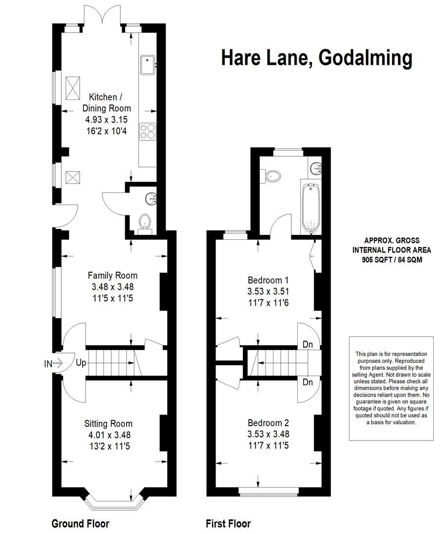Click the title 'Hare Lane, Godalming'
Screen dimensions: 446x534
pos(316,58)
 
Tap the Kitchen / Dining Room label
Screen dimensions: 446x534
pos(107,102)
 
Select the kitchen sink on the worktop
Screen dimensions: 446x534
pos(147,65)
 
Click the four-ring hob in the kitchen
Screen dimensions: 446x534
pos(147,131)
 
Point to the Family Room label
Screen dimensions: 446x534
pos(112,275)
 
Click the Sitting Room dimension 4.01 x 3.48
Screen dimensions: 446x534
pos(109,435)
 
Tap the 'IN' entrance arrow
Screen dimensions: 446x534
pos(54,364)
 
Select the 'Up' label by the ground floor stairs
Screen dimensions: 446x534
pos(81,363)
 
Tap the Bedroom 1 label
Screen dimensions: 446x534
pos(268,280)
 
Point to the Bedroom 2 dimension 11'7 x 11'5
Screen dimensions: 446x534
pos(268,445)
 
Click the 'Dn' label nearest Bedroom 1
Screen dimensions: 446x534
pos(308,344)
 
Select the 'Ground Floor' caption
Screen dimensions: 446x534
pos(80,524)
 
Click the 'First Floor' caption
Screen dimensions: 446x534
pos(228,524)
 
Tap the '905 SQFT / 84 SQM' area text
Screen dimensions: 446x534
pos(392,260)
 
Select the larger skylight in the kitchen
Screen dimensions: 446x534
pos(73,88)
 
